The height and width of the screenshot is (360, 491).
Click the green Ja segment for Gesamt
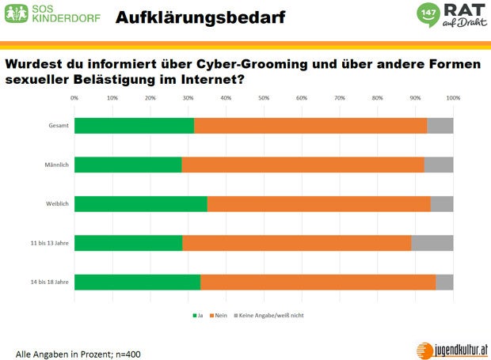click(x=134, y=125)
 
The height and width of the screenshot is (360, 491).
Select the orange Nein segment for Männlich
click(x=303, y=165)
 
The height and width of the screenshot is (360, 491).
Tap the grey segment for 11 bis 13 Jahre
click(x=432, y=243)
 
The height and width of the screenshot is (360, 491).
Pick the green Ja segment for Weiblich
click(x=141, y=203)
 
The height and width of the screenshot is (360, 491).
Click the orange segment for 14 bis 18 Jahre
click(x=318, y=282)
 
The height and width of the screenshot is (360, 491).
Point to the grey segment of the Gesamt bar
click(x=440, y=125)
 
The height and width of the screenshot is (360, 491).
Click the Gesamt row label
click(x=56, y=125)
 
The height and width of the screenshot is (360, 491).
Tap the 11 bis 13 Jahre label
click(x=49, y=243)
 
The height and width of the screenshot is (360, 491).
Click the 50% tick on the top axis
click(x=264, y=98)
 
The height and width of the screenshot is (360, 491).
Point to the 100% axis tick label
click(x=453, y=98)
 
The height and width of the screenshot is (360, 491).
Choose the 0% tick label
click(x=74, y=98)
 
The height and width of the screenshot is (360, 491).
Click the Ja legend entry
click(x=198, y=315)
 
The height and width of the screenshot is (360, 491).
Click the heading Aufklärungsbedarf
click(x=200, y=17)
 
